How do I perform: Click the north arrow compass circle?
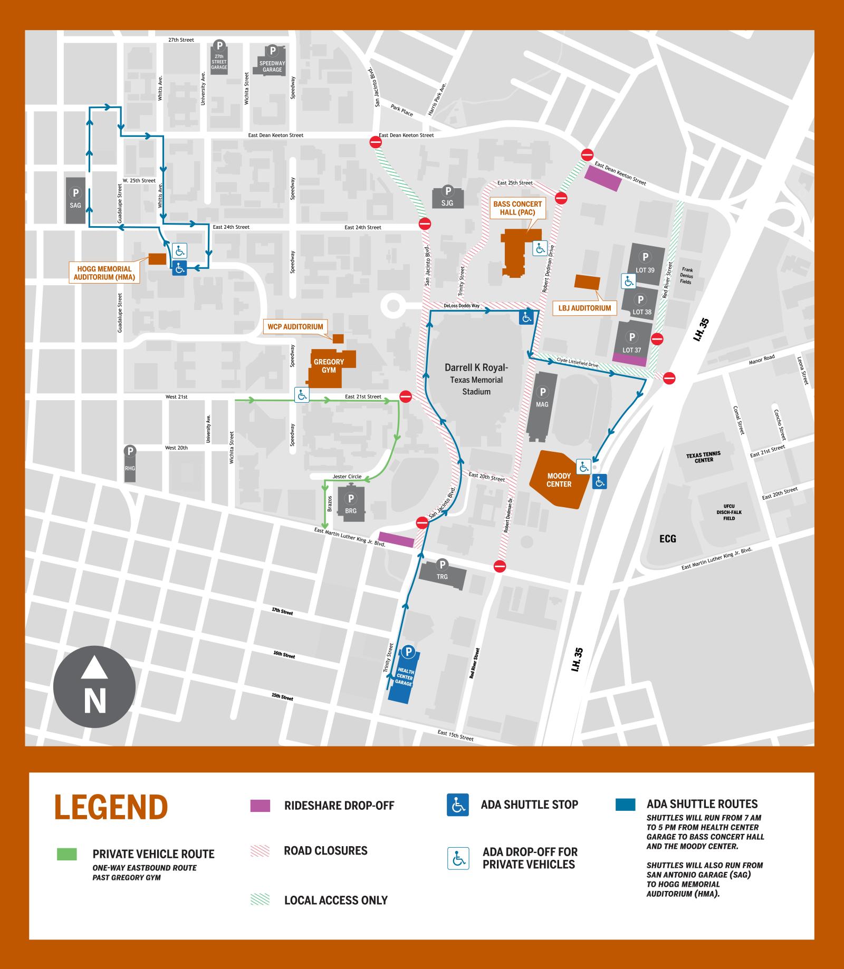94,687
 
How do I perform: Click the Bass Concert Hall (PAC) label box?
517,208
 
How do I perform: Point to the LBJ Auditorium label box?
584,308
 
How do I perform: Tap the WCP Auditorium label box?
295,326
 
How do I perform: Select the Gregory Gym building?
329,365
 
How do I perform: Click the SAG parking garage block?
75,200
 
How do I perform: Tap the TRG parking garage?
442,575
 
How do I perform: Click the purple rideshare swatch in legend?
260,806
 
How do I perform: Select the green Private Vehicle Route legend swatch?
67,854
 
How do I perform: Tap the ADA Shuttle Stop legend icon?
457,805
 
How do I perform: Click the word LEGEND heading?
111,807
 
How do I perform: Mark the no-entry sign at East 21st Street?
405,396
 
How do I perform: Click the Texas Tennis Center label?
704,457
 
